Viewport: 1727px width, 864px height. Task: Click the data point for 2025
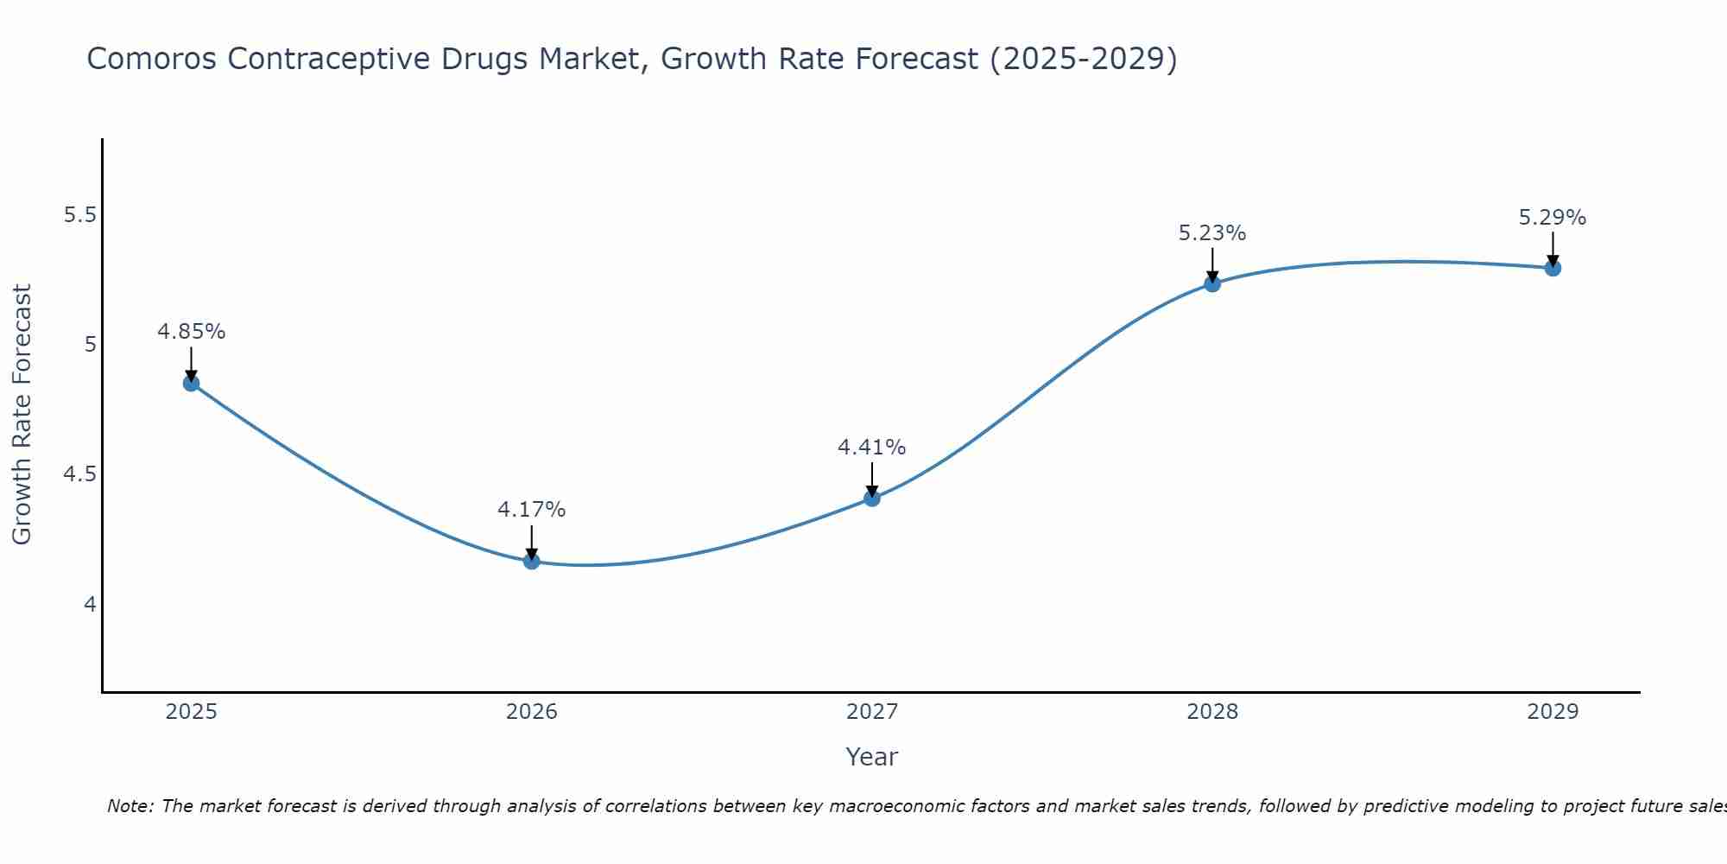191,384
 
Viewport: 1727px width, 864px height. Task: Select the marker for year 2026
531,562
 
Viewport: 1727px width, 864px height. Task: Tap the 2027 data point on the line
871,499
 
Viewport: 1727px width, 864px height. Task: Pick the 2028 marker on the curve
1211,283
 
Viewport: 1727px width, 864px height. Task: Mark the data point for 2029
1552,268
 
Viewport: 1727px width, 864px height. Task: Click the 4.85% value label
191,332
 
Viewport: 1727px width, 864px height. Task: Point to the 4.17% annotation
531,510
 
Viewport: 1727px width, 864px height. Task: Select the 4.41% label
871,448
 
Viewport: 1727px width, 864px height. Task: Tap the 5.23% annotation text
1211,233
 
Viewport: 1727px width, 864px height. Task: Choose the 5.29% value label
1552,218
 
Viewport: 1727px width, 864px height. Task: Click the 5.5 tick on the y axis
79,215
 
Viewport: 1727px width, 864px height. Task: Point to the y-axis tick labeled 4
90,604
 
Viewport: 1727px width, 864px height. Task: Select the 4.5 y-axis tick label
79,474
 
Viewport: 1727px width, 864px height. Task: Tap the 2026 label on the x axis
531,712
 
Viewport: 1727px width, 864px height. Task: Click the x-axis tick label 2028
1211,712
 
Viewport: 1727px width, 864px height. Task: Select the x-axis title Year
871,757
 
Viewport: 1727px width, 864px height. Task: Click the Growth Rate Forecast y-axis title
22,415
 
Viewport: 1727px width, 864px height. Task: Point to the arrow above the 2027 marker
871,479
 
